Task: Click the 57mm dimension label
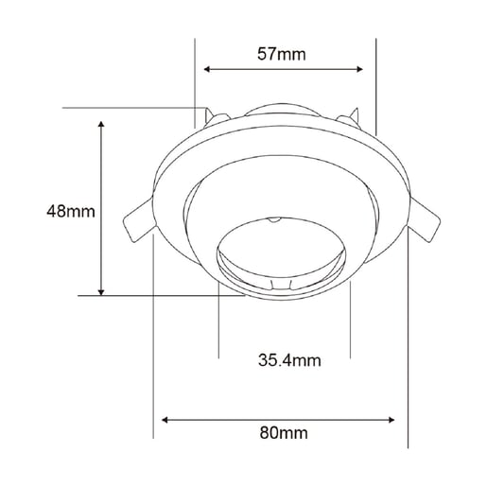[x=281, y=54]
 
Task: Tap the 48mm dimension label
[x=71, y=211]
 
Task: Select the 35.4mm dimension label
[x=289, y=360]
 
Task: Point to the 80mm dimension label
[x=284, y=433]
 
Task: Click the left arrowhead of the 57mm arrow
[x=207, y=69]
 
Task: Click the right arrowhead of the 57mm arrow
[x=359, y=69]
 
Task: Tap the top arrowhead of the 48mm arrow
[x=101, y=124]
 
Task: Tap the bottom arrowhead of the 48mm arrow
[x=101, y=292]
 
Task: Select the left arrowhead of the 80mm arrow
[x=165, y=420]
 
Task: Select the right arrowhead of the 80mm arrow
[x=391, y=420]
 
